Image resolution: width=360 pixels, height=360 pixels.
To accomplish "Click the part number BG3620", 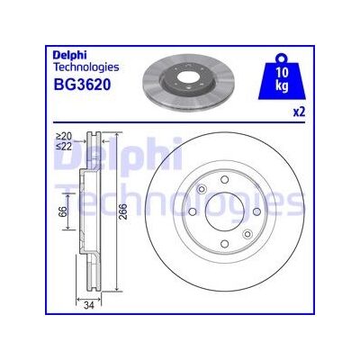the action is [82, 85].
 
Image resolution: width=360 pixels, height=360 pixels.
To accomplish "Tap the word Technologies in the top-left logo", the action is [85, 67].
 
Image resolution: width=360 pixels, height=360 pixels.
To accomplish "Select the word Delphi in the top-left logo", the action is [69, 55].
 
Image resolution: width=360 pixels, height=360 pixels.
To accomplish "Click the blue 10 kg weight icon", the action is [282, 76].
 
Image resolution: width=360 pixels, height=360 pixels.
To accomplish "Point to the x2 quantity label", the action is [299, 112].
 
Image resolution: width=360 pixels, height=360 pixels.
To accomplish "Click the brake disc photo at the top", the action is [188, 82].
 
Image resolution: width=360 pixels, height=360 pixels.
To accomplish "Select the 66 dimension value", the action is [61, 212].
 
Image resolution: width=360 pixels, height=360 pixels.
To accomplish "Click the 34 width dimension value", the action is [89, 306].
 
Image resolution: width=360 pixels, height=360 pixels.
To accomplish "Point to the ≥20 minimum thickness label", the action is [64, 136].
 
